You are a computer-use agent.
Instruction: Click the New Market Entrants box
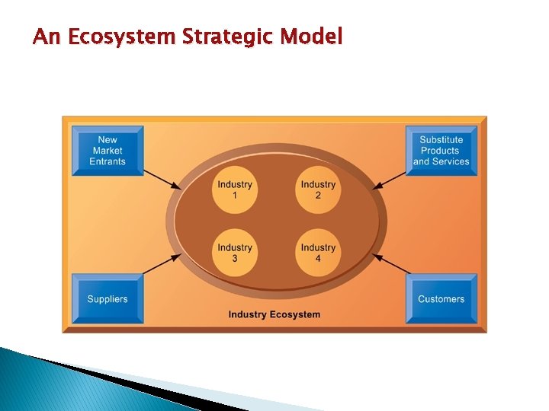[x=108, y=151]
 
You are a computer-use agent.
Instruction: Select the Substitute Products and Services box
[x=441, y=151]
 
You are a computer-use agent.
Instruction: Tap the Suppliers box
[x=108, y=299]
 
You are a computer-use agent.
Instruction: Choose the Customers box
[x=441, y=299]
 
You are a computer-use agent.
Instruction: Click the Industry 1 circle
[x=234, y=190]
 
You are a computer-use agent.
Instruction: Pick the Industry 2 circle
[x=318, y=190]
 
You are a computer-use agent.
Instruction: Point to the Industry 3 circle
[x=234, y=253]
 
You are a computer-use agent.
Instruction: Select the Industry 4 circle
[x=318, y=253]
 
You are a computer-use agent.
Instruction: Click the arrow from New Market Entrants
[x=162, y=178]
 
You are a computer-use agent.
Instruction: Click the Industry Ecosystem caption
[x=274, y=314]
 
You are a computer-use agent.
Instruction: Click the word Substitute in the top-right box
[x=441, y=140]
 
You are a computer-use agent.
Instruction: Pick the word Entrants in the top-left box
[x=108, y=161]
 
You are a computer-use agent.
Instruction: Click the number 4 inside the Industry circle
[x=318, y=259]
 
